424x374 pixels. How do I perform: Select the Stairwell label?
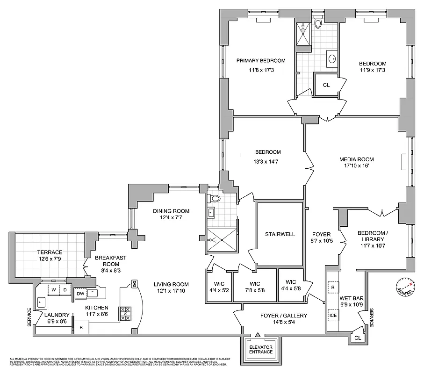(280, 234)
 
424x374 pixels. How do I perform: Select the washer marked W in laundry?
(54, 290)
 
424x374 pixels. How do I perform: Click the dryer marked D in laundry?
(65, 290)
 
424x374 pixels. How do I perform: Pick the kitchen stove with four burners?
(126, 313)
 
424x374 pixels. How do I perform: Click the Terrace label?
(50, 252)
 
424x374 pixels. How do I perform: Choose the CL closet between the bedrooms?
(326, 85)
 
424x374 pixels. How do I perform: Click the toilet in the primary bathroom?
(318, 22)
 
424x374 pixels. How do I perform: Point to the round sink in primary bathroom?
(332, 59)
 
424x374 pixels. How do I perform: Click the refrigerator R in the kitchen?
(81, 327)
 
